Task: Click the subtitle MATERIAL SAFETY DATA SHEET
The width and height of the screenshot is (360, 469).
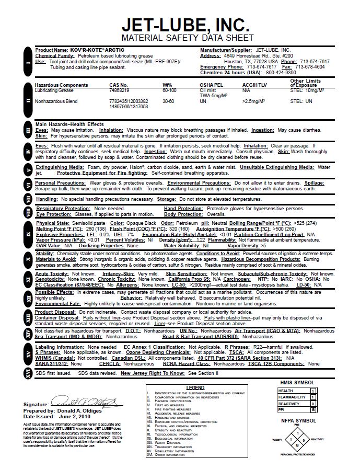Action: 187,38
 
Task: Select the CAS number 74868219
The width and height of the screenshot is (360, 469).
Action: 120,90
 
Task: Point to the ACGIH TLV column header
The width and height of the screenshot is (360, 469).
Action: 255,85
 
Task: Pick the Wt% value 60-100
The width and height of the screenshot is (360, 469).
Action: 169,90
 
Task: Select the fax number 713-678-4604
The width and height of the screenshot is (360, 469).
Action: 309,67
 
